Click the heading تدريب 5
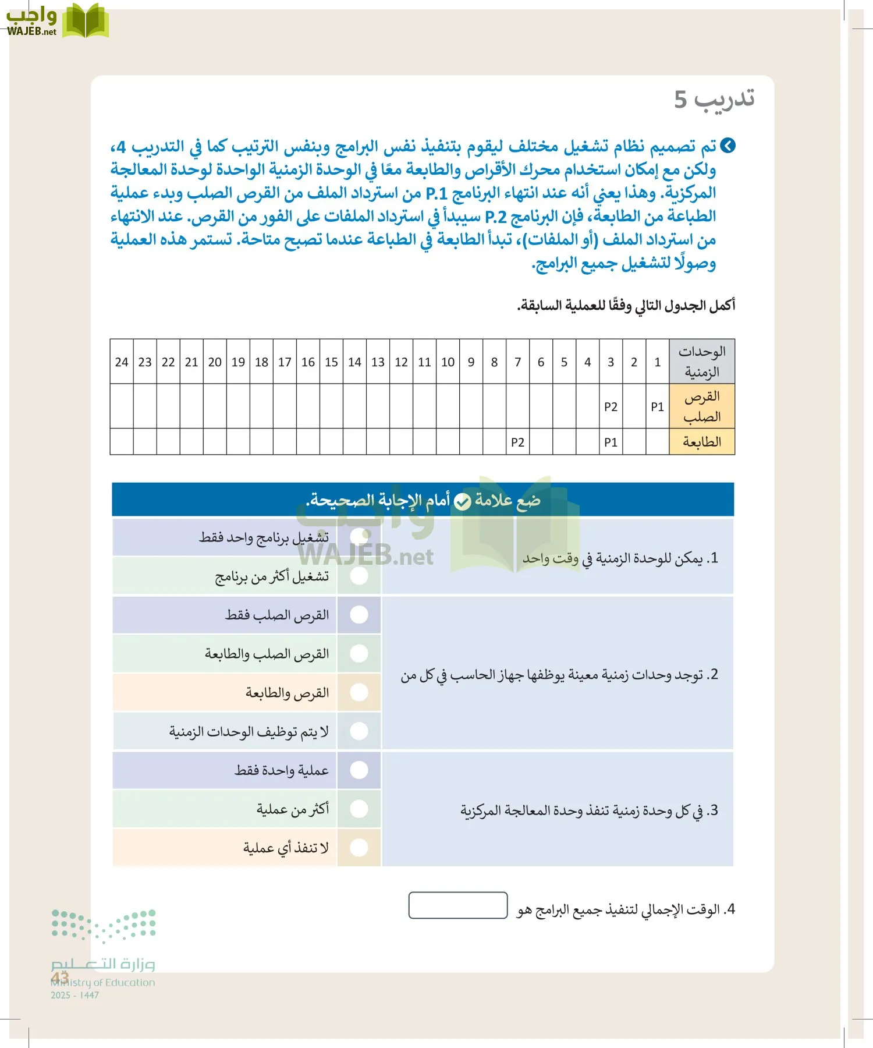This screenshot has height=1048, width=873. point(714,99)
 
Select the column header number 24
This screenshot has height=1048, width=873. point(122,362)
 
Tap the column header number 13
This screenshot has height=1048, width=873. point(378,362)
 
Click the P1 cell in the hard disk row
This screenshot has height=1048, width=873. point(657,407)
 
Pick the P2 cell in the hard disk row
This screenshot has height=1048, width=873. point(611,407)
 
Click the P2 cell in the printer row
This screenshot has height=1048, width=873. point(517,442)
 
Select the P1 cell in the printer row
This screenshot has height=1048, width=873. point(611,442)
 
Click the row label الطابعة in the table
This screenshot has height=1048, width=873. point(702,442)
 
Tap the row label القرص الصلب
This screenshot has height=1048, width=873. point(702,406)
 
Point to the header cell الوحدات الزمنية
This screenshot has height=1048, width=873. point(702,362)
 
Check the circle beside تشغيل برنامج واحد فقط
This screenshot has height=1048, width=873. point(359,537)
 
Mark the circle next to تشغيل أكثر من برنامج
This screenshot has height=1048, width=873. point(359,576)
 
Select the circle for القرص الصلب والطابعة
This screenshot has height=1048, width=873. point(359,654)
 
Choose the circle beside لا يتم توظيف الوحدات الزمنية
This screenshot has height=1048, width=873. point(359,731)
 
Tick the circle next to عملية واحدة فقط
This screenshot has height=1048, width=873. point(359,770)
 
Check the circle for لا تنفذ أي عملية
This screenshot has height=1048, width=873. point(359,848)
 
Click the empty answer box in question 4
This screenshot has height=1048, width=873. point(458,905)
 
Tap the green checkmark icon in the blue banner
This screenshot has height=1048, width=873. point(462,501)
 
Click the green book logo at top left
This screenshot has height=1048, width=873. point(86,21)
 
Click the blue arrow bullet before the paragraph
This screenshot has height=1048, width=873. point(727,146)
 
